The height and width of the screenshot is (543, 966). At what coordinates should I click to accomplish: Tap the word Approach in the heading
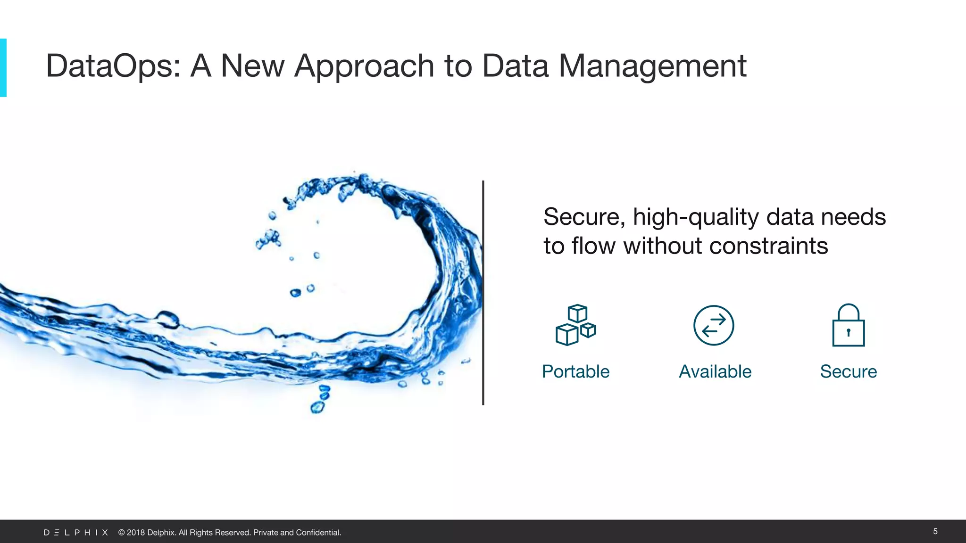pos(364,66)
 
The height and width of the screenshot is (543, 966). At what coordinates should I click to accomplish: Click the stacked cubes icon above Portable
pos(575,325)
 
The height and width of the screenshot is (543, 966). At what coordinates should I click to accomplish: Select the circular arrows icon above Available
pos(714,325)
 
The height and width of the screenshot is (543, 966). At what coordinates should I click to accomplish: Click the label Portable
pos(575,371)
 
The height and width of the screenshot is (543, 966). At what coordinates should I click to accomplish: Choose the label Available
pos(715,371)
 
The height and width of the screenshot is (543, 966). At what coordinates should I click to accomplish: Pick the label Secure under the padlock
pos(848,371)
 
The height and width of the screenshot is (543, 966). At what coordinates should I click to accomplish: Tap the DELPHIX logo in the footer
pos(76,533)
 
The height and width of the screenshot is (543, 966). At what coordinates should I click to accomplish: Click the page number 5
pos(935,531)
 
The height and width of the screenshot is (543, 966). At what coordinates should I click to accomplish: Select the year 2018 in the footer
pos(136,533)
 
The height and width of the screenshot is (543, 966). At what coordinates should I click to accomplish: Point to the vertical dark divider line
pos(483,292)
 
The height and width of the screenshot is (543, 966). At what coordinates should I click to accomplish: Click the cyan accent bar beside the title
pos(3,67)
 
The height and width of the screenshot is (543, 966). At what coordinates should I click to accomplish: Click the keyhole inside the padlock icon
pos(848,332)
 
